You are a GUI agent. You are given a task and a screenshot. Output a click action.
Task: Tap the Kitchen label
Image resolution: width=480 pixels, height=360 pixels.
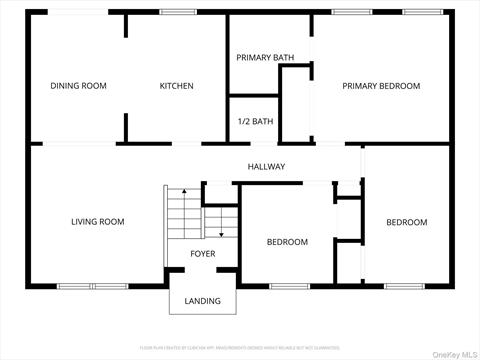click(177, 86)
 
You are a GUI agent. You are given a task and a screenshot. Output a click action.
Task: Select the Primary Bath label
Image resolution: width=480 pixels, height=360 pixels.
click(265, 57)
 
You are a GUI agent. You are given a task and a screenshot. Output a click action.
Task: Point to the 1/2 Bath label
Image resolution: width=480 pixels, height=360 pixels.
click(255, 122)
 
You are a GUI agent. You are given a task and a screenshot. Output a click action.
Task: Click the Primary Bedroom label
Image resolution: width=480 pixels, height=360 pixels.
click(381, 86)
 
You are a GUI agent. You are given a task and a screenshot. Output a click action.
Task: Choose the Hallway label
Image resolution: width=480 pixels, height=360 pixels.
click(267, 167)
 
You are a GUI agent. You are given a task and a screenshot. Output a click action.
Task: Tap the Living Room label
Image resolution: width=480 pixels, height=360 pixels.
click(97, 222)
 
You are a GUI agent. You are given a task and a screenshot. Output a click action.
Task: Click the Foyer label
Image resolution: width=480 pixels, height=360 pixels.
click(203, 254)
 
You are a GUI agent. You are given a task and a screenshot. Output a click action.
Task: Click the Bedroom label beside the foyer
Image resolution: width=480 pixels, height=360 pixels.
click(287, 242)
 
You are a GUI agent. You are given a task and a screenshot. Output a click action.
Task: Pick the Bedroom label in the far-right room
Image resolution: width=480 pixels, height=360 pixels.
click(407, 222)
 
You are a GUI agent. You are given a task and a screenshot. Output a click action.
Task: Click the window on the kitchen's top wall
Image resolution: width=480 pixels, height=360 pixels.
click(177, 12)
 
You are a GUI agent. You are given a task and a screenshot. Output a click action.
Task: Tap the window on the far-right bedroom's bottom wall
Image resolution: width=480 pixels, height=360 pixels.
click(407, 287)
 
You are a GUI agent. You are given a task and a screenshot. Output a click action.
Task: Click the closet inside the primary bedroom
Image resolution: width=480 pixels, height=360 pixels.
click(295, 105)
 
